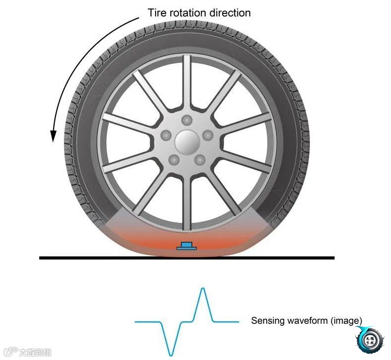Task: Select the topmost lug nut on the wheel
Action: [187, 120]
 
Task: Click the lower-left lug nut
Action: [174, 159]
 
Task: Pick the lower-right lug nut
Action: [200, 159]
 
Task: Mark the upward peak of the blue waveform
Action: [202, 289]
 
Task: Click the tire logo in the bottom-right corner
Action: [369, 341]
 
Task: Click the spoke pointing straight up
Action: [187, 79]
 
